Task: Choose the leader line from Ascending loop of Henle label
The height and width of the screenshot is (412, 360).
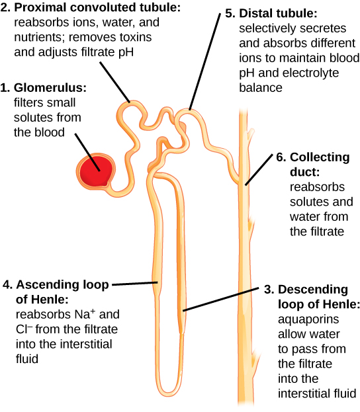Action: (136, 284)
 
